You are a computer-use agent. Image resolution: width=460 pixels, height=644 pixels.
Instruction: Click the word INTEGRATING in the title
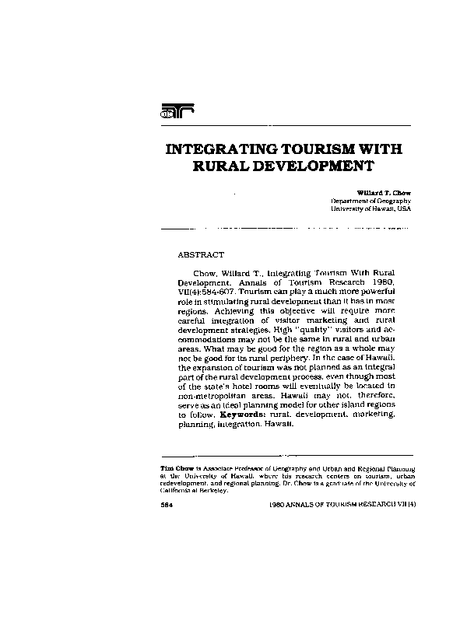click(x=220, y=149)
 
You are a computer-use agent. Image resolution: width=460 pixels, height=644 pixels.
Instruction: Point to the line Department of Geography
click(x=371, y=201)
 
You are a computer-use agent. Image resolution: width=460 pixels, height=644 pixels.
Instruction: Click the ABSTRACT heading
click(x=201, y=254)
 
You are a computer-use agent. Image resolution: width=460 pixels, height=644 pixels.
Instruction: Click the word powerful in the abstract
click(x=375, y=289)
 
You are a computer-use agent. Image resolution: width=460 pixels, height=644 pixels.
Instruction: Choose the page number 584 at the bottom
click(x=166, y=504)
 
